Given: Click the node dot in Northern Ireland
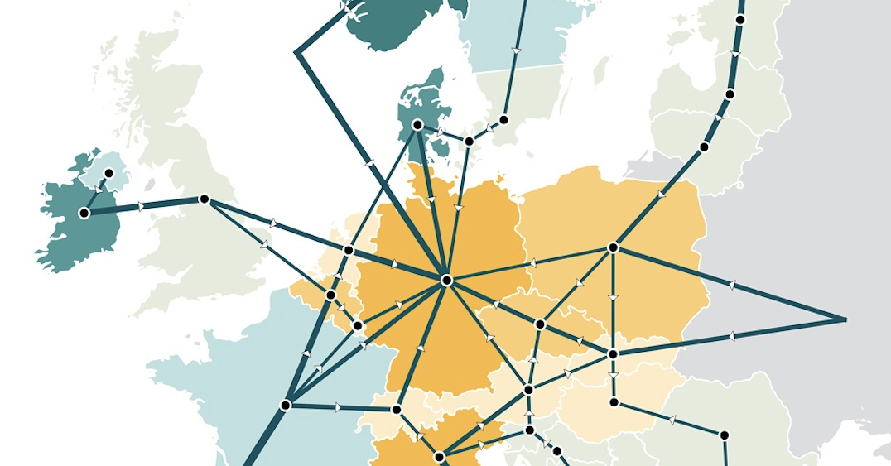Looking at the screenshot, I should (x=108, y=173).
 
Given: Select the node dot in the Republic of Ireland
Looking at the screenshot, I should (x=84, y=213).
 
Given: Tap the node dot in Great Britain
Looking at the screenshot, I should (x=204, y=199).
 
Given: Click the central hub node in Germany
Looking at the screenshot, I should (x=446, y=281).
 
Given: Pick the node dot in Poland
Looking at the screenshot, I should (x=614, y=247).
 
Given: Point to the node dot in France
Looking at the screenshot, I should (x=286, y=406).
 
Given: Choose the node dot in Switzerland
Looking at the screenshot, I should (x=397, y=410).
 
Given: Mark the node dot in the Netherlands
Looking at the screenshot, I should (x=349, y=250).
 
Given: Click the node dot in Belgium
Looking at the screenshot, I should (x=330, y=295).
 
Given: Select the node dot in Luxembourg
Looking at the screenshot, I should (x=358, y=325).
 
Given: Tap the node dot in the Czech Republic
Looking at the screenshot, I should (x=540, y=324).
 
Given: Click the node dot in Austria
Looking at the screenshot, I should (x=528, y=390).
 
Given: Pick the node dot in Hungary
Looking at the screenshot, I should (x=614, y=402).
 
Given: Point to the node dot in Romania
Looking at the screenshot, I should (x=725, y=435).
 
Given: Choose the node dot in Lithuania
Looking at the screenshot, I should (x=704, y=147).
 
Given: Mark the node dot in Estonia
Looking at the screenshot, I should (x=740, y=19).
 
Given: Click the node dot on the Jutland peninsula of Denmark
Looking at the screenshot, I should (x=417, y=125).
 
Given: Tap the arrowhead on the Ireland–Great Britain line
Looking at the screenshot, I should (x=142, y=206).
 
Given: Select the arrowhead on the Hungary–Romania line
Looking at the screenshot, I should (x=671, y=420).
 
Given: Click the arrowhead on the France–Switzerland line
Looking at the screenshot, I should (x=339, y=407).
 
